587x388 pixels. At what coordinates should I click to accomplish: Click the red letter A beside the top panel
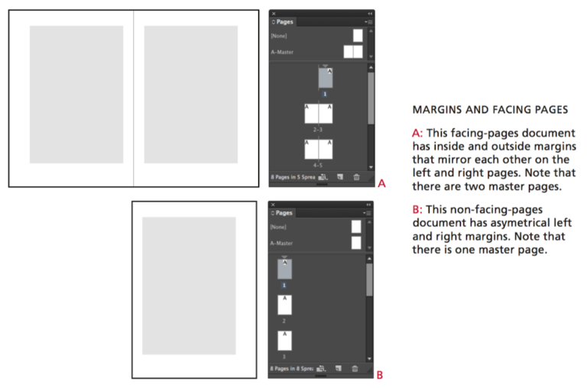coord(381,183)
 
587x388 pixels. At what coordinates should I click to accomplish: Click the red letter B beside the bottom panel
coord(380,374)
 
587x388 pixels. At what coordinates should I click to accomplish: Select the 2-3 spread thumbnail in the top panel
coord(318,114)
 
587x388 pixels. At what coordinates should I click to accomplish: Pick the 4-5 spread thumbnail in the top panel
coord(318,149)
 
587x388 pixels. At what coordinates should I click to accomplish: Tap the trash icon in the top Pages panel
coord(356,176)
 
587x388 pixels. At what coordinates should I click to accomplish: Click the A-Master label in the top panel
coord(282,52)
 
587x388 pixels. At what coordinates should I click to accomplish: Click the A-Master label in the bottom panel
coord(282,244)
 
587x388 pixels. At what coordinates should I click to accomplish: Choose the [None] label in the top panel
coord(279,35)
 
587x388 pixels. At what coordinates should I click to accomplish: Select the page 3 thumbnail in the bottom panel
coord(284,341)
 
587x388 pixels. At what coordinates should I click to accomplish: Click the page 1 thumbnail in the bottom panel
coord(284,269)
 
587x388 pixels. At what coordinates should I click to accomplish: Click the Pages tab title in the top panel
coord(284,22)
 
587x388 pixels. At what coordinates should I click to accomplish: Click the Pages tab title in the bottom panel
coord(284,213)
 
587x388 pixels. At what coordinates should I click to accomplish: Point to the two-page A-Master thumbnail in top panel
coord(353,52)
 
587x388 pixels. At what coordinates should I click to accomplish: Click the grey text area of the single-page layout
coord(189,286)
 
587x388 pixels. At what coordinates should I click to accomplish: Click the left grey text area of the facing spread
coord(76,94)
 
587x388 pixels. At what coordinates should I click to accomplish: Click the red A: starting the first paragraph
coord(417,134)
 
